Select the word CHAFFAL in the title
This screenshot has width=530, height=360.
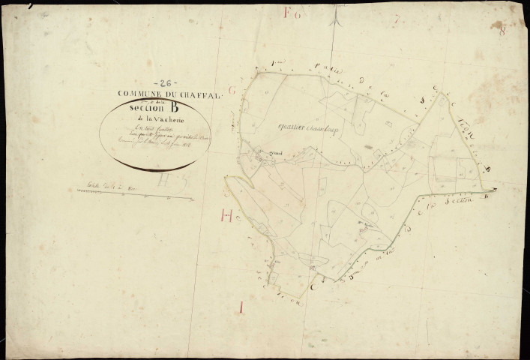(200, 95)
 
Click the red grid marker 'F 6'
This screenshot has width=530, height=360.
(292, 13)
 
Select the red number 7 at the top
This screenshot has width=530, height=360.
(395, 20)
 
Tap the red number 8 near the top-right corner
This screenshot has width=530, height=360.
(502, 29)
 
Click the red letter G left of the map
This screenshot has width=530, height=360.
(232, 91)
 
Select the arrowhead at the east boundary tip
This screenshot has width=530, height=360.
(496, 189)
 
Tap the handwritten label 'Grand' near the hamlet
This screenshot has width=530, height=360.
(265, 157)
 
